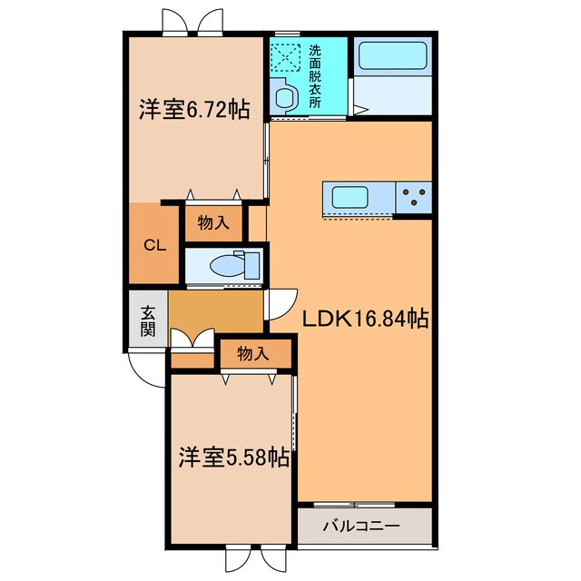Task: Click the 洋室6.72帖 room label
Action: point(194,109)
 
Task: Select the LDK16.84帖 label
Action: point(366,319)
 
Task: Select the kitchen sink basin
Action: point(350,196)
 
